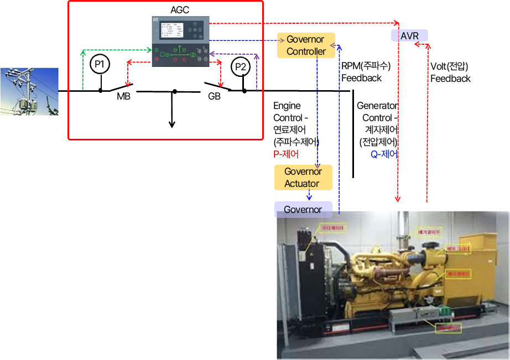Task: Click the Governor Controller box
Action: pos(305,46)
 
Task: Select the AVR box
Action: pos(409,36)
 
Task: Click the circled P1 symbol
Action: pos(100,64)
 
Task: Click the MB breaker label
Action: pos(123,97)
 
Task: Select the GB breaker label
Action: pos(215,97)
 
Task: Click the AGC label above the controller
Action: pos(180,9)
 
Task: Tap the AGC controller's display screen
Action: pos(171,30)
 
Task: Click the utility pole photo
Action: pos(29,92)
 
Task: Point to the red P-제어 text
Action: pos(286,154)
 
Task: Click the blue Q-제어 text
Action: pos(384,154)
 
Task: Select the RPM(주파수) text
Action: pos(366,66)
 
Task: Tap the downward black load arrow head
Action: pos(171,124)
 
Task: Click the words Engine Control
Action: pos(287,111)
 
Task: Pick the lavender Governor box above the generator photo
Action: pos(303,210)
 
